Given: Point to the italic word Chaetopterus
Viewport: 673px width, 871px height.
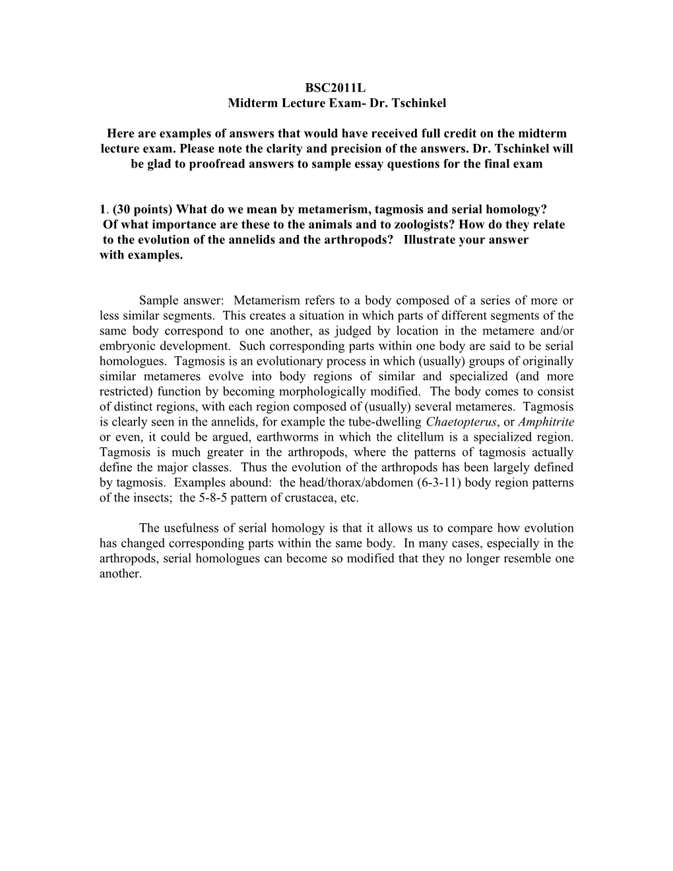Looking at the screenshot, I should [x=461, y=422].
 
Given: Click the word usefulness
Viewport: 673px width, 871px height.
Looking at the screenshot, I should [x=189, y=529].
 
